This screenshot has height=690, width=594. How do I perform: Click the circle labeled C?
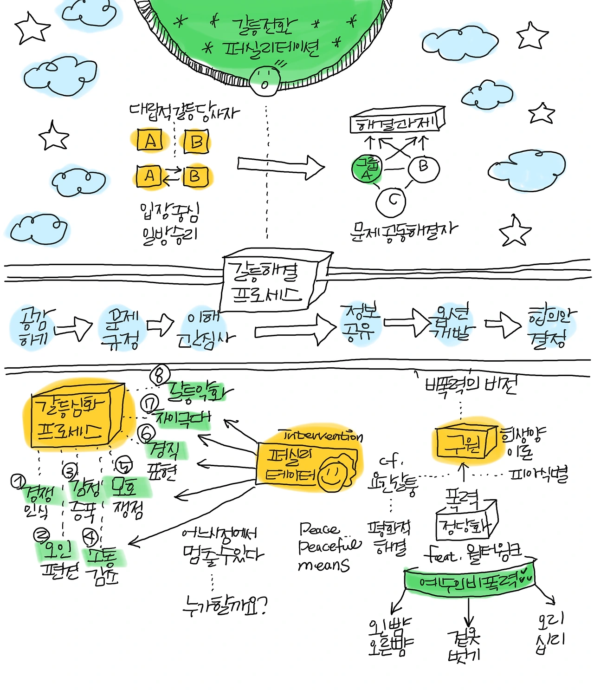point(391,201)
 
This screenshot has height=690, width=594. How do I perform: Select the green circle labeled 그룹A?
point(367,169)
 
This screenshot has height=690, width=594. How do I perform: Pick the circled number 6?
point(147,433)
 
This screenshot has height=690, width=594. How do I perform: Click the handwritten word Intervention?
point(323,436)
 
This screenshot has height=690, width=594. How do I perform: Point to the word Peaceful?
point(329,546)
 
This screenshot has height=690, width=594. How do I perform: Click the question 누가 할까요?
point(225,605)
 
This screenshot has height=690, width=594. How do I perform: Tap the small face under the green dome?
point(265,81)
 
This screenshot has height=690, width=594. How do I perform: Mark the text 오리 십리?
point(551,632)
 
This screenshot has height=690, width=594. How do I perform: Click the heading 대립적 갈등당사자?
point(184,111)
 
